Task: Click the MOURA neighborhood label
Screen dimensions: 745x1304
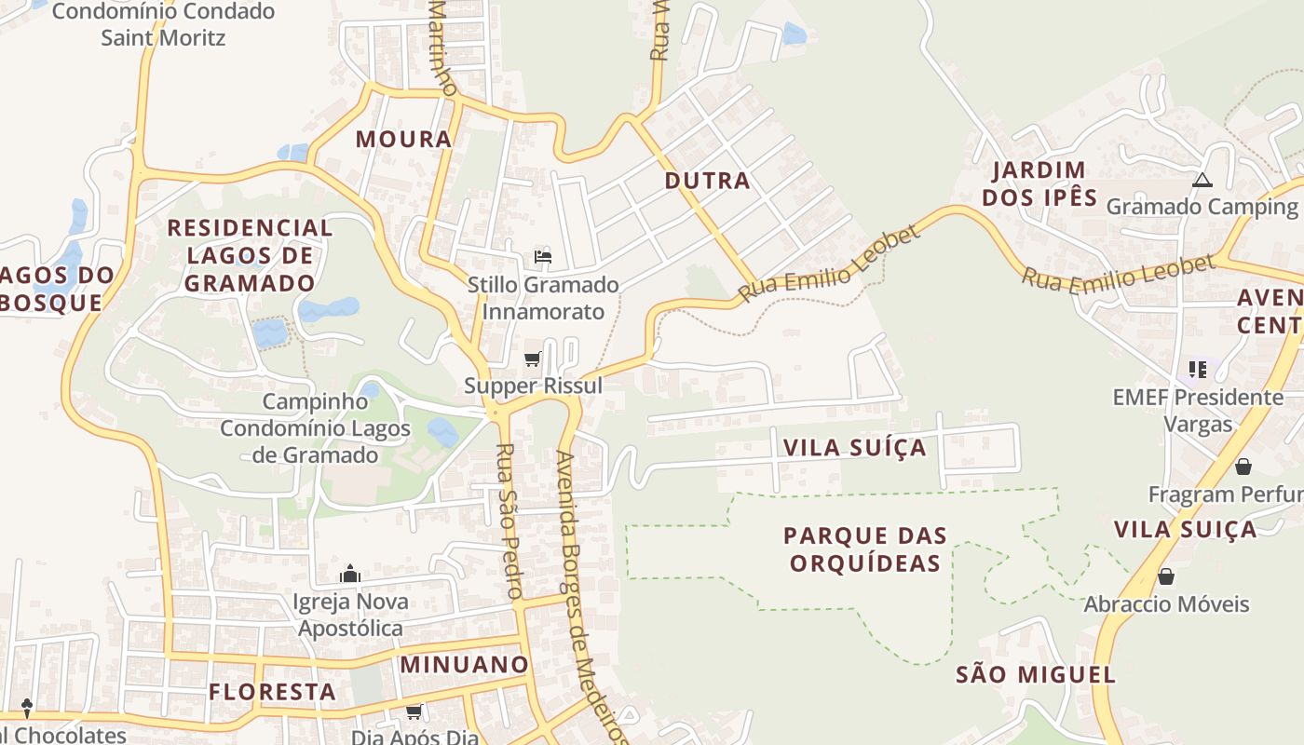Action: click(403, 140)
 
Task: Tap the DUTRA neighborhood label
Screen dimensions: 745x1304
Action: click(707, 181)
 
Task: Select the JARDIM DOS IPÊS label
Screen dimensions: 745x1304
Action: click(1039, 183)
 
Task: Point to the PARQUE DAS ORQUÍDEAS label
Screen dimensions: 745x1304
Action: click(864, 549)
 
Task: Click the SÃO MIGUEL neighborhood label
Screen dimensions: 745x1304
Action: click(1036, 675)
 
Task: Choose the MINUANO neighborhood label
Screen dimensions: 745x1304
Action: click(465, 665)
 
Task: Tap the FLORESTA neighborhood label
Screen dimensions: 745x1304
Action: click(272, 692)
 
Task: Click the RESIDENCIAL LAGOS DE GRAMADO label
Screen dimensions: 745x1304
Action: click(250, 255)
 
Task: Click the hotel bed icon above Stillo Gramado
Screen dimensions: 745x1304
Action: click(543, 257)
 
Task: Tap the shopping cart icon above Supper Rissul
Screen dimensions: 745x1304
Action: click(533, 359)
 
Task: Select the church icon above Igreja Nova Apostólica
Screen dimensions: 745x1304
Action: click(350, 574)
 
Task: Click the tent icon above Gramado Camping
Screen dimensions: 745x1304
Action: click(1202, 180)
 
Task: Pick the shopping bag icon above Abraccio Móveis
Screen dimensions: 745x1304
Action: click(1165, 576)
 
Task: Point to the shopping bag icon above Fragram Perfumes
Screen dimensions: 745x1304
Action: click(1243, 467)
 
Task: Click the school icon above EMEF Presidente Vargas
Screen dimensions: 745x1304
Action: click(1198, 370)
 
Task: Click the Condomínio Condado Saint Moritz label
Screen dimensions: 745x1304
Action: click(164, 25)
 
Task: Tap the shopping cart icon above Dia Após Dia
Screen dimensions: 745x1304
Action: click(414, 712)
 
